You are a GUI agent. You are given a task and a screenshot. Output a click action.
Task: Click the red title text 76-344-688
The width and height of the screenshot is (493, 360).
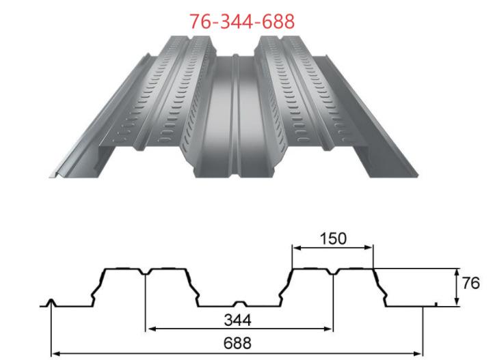(242, 21)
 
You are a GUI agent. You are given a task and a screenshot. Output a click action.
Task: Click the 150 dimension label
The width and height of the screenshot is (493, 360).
(333, 238)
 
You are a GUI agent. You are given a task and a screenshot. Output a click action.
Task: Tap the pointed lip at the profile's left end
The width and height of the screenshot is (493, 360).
(51, 302)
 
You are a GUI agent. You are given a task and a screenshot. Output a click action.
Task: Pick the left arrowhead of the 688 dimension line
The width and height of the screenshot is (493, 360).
(55, 353)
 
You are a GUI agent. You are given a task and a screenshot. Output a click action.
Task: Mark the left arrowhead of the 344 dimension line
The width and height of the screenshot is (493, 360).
(150, 329)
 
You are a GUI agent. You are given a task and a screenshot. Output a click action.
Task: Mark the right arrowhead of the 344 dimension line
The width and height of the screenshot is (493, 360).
(329, 329)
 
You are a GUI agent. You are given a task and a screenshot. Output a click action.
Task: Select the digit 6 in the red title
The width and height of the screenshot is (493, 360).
(202, 21)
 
